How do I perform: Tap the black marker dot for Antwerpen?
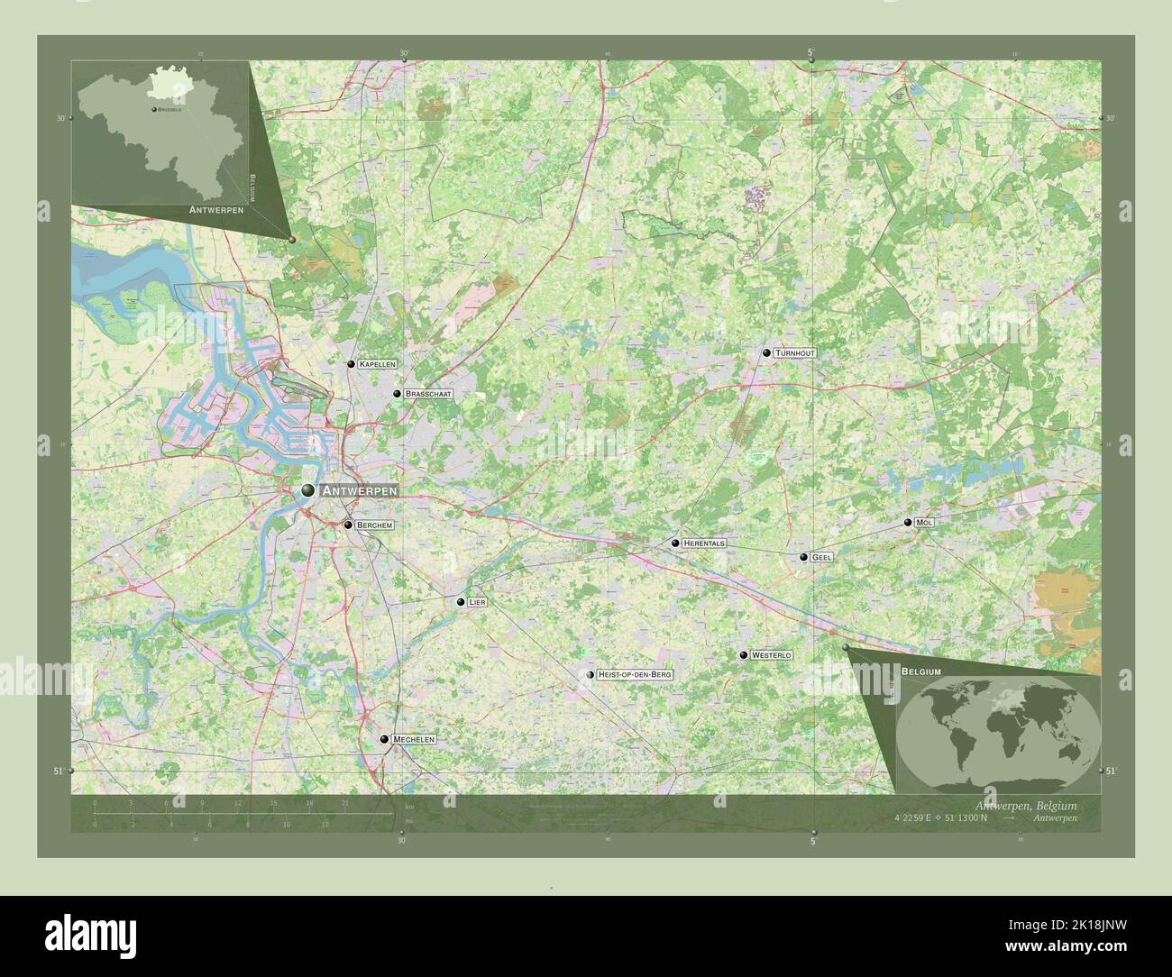[308, 490]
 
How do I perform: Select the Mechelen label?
[414, 739]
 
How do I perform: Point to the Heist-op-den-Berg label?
[635, 674]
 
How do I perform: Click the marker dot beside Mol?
[908, 523]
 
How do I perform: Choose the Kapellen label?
[377, 364]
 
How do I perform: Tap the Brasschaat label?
[427, 394]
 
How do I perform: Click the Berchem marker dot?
[348, 525]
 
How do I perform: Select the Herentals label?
[704, 543]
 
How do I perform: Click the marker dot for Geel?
[803, 557]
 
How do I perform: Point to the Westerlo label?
[771, 655]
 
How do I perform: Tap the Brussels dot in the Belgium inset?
[154, 109]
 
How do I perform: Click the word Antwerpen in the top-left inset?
[218, 209]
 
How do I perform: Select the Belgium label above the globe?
[920, 672]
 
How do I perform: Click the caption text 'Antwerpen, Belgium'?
[1026, 805]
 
